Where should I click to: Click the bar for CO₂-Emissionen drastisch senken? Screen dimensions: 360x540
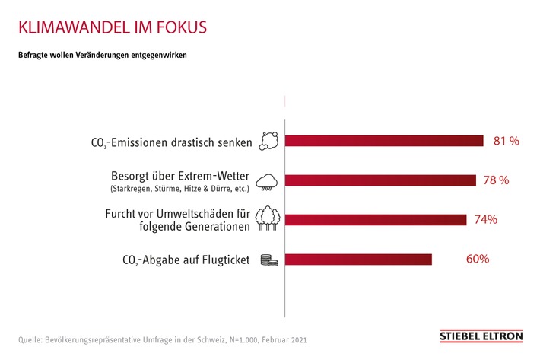tap(384, 141)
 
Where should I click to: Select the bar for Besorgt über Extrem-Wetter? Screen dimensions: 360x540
tap(380, 180)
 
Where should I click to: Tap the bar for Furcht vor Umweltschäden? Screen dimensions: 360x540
tap(376, 220)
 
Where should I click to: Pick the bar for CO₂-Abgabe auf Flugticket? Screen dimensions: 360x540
tap(358, 260)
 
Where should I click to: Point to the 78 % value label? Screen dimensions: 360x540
tap(496, 180)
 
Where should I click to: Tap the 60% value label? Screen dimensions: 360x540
tap(477, 259)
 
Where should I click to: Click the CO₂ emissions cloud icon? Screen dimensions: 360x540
tap(268, 141)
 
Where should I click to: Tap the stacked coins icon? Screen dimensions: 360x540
tap(269, 260)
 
